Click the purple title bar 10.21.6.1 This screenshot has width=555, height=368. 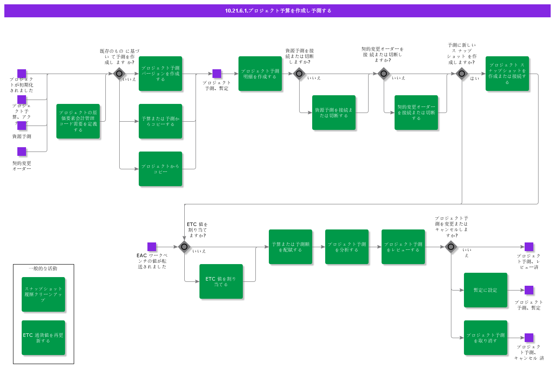click(x=277, y=11)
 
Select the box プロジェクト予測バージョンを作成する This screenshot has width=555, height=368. click(x=160, y=74)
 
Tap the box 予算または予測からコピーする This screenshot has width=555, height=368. click(x=160, y=121)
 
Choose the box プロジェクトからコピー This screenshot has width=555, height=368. click(x=160, y=169)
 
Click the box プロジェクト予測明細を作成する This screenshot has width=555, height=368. click(x=260, y=74)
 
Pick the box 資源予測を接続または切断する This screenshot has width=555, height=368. click(x=334, y=113)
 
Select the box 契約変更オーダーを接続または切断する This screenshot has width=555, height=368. click(x=416, y=113)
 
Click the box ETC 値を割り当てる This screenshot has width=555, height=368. click(x=221, y=281)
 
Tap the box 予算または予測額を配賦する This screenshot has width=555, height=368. click(x=291, y=247)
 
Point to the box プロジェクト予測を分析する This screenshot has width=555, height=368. click(x=347, y=247)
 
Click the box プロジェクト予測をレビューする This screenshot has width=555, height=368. click(x=403, y=247)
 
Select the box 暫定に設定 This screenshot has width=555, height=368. click(x=486, y=290)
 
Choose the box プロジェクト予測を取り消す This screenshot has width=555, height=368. click(x=486, y=338)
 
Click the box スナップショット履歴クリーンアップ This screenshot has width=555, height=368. click(x=43, y=294)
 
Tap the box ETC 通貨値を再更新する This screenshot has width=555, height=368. click(x=43, y=338)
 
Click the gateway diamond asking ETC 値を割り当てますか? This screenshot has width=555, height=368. click(x=184, y=247)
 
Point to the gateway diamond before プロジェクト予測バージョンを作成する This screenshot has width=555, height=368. click(x=119, y=74)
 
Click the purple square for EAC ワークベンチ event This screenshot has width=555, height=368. click(x=152, y=247)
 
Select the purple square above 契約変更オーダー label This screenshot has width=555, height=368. click(x=22, y=152)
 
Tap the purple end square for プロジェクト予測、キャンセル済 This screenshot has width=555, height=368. click(x=529, y=338)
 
